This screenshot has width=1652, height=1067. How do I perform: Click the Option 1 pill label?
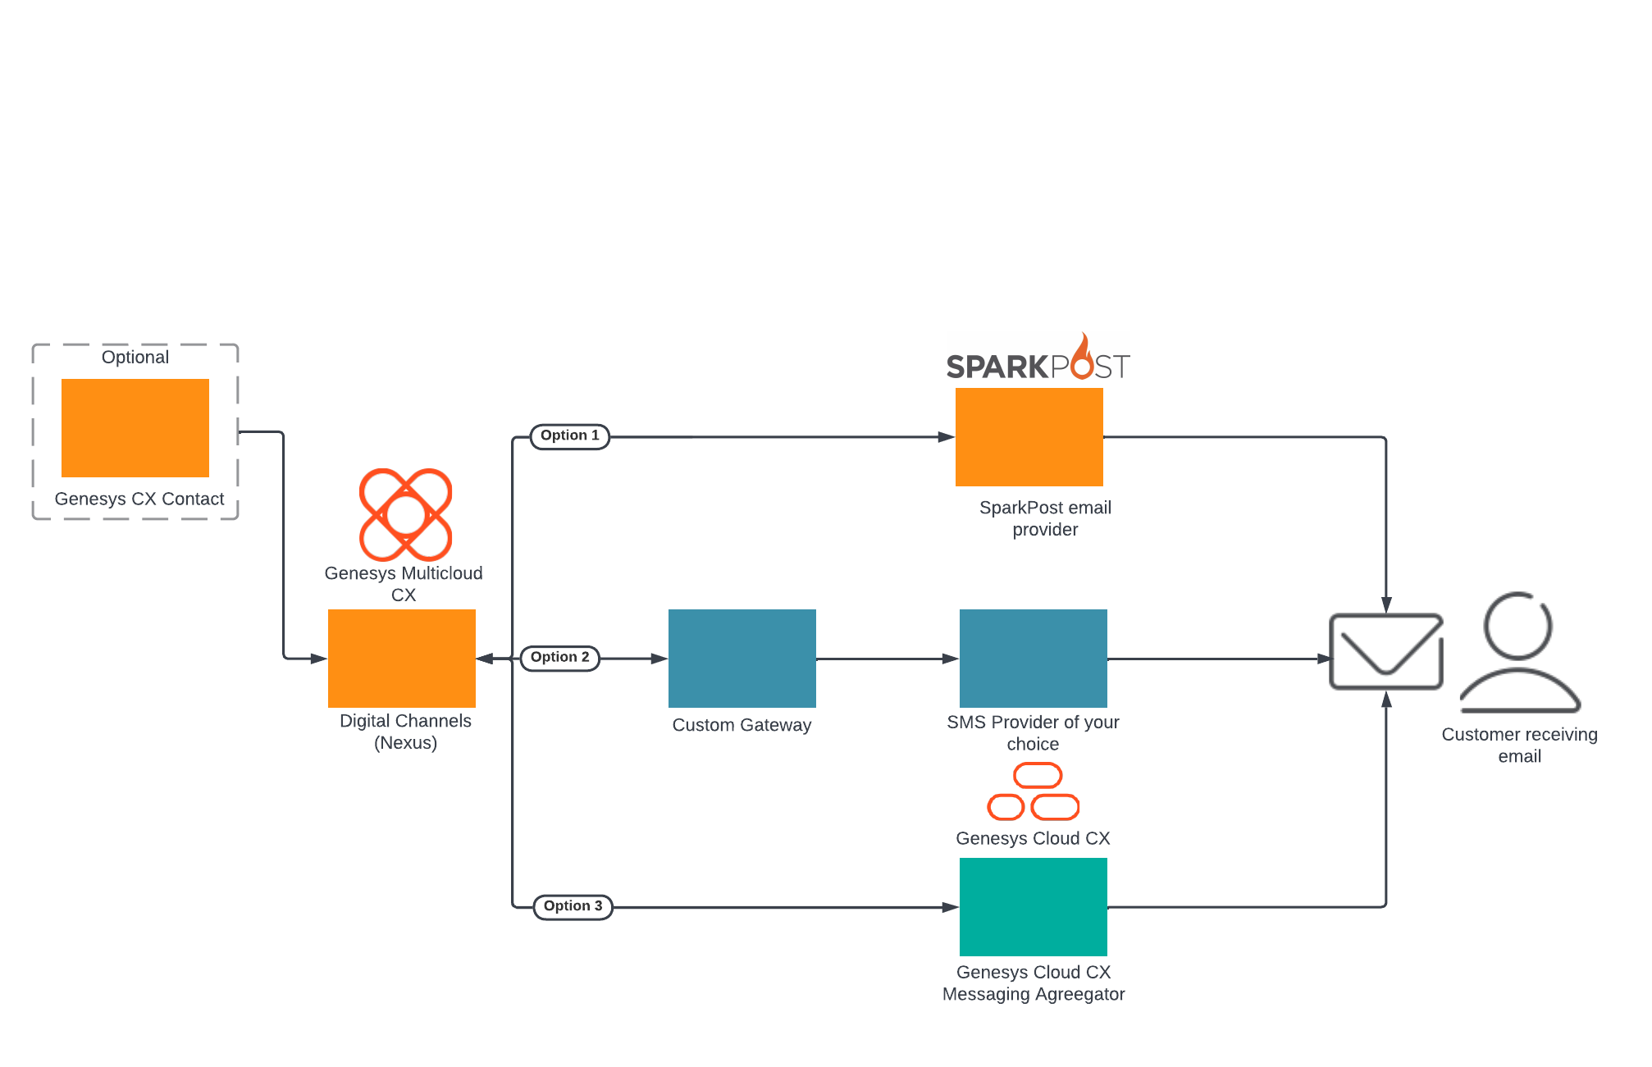pyautogui.click(x=570, y=436)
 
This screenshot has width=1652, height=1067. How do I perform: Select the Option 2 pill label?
pyautogui.click(x=560, y=658)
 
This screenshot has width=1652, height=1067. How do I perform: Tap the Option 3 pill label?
pyautogui.click(x=573, y=907)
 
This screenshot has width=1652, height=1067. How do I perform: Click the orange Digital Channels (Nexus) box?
pyautogui.click(x=402, y=659)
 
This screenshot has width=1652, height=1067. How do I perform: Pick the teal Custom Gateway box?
pyautogui.click(x=742, y=659)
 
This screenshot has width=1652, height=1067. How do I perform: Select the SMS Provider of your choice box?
pyautogui.click(x=1034, y=659)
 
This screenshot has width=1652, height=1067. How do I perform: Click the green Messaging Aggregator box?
pyautogui.click(x=1034, y=907)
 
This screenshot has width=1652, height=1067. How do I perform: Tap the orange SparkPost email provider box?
pyautogui.click(x=1029, y=437)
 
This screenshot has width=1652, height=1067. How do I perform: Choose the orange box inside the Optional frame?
pyautogui.click(x=135, y=428)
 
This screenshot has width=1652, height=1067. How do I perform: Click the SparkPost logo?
pyautogui.click(x=1038, y=358)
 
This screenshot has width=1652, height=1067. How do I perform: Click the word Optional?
pyautogui.click(x=135, y=358)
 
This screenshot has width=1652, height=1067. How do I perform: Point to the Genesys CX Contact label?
pyautogui.click(x=139, y=499)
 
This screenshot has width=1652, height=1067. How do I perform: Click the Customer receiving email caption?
pyautogui.click(x=1520, y=745)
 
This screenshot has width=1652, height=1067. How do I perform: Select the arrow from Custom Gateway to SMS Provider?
pyautogui.click(x=888, y=659)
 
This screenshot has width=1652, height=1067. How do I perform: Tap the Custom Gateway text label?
pyautogui.click(x=742, y=725)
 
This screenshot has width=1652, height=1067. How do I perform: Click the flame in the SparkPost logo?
pyautogui.click(x=1083, y=357)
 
